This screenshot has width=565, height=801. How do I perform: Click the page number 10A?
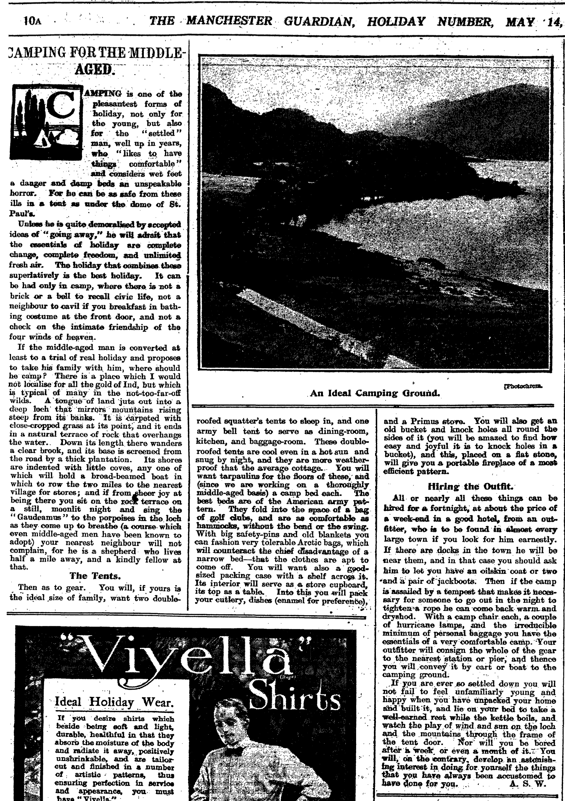[x=32, y=21]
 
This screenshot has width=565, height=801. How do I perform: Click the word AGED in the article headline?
[x=95, y=69]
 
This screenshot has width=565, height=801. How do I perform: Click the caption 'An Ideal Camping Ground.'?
[x=374, y=393]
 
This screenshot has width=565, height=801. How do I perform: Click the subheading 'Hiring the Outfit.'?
[x=470, y=486]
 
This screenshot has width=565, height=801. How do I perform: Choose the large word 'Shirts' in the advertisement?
[x=295, y=699]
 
